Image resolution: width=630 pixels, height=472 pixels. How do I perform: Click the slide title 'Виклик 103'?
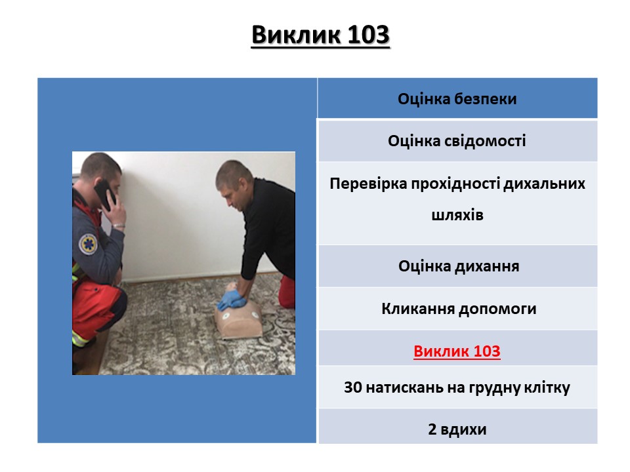point(320,35)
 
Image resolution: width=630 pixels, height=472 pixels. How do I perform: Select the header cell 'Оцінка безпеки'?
point(457,98)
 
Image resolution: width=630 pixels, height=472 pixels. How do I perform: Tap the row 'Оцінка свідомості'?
point(457,141)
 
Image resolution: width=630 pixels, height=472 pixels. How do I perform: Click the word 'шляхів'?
point(457,215)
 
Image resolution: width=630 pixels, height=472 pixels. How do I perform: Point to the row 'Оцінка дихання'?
point(458,266)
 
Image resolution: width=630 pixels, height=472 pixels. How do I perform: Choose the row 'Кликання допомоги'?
point(458,309)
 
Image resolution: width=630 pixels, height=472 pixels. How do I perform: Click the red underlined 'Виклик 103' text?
point(457,351)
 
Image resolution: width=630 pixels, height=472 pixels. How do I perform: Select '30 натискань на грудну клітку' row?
point(457,387)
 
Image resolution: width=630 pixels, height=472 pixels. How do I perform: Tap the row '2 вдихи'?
point(457,429)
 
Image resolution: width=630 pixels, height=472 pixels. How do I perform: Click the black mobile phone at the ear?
point(104,195)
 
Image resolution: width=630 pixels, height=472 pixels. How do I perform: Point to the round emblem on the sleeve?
point(88,244)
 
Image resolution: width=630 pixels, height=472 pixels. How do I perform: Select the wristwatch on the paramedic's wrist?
point(117,226)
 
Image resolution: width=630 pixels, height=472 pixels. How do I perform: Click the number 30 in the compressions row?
point(353,387)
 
